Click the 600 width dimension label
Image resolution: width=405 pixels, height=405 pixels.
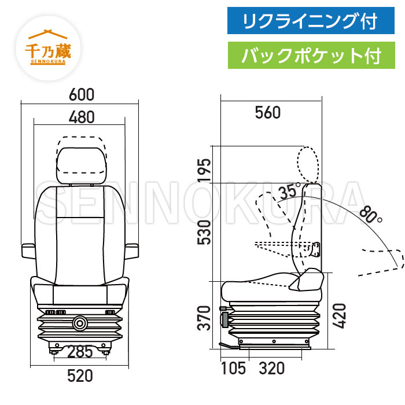coord(81,94)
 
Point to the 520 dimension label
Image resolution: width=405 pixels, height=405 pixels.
coord(80,376)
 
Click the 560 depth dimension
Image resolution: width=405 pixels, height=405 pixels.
coord(268,113)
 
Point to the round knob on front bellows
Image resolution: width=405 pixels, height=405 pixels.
coord(79,321)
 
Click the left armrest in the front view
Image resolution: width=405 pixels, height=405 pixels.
coord(29,250)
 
